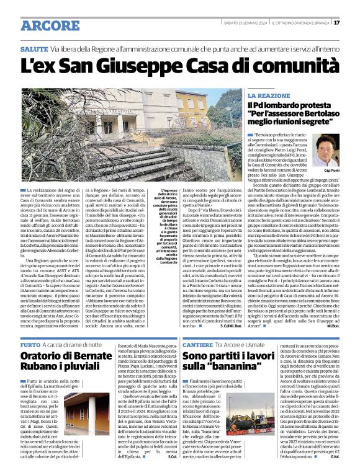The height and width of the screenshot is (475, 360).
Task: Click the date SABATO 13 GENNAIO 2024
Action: click(x=232, y=23)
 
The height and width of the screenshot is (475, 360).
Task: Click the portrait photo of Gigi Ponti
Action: click(x=326, y=150)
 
